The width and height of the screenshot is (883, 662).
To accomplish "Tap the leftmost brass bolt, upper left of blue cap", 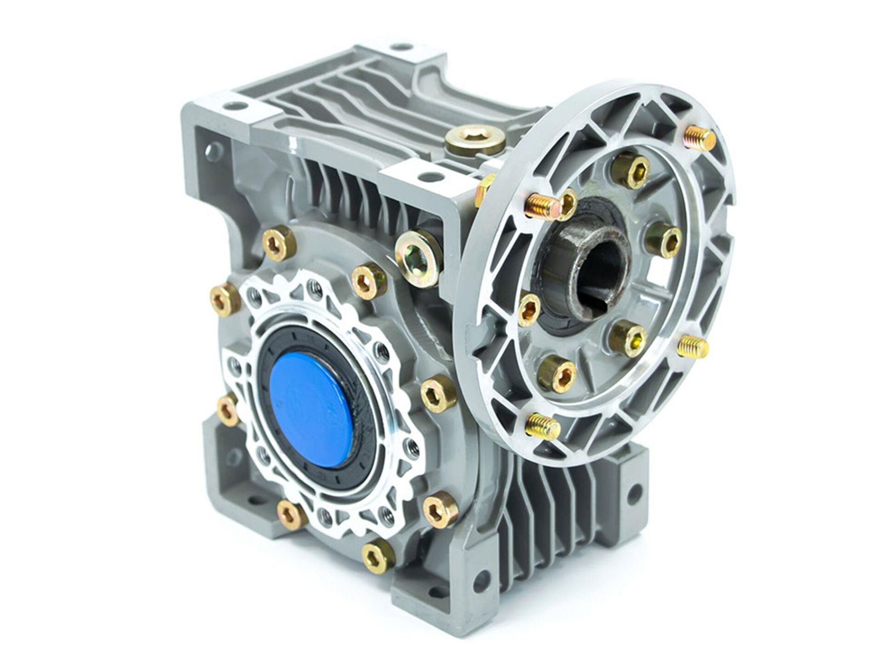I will click(x=224, y=299).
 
